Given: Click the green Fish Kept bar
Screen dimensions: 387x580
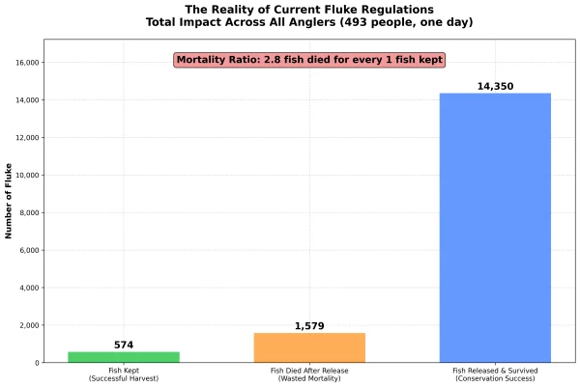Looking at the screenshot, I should click(123, 357).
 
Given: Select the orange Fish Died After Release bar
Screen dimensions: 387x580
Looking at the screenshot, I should click(309, 347).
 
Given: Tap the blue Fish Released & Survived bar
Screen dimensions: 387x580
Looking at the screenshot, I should click(495, 228).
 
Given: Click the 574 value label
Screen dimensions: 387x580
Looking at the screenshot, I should click(123, 345).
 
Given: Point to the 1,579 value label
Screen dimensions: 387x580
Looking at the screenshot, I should click(309, 326).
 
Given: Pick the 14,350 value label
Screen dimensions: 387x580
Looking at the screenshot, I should click(495, 87).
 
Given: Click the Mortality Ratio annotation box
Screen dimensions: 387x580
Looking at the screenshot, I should click(309, 60).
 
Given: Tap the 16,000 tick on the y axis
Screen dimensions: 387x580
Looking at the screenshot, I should click(23, 63).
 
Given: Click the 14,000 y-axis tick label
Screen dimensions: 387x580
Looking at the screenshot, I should click(23, 100).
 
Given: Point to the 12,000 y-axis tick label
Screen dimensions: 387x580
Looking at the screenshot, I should click(23, 138).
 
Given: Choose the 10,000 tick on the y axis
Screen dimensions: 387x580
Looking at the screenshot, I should click(23, 176).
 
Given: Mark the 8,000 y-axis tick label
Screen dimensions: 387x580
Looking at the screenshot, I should click(26, 213).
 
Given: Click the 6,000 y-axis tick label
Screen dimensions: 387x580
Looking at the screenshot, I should click(26, 251).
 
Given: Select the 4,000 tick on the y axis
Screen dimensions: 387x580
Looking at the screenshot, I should click(26, 288).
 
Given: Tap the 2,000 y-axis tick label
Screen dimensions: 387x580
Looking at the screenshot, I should click(26, 325).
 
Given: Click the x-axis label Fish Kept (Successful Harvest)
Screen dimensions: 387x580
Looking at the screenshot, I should click(123, 374).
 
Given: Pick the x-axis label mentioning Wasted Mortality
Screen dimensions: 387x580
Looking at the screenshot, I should click(309, 374).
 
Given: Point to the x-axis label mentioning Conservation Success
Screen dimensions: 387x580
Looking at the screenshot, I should click(495, 374).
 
